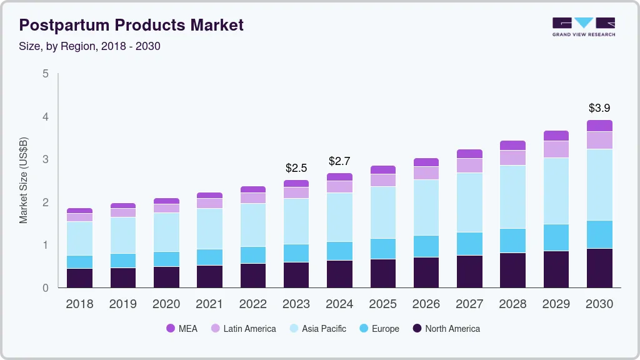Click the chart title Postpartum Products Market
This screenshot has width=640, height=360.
[131, 25]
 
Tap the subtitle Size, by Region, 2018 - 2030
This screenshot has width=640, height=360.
[90, 46]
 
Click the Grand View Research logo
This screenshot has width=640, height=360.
[583, 26]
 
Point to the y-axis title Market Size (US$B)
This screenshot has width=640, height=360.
[24, 180]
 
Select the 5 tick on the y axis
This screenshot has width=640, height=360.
[45, 74]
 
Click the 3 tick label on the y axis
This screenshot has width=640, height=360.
[45, 159]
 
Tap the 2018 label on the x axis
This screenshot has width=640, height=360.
[79, 304]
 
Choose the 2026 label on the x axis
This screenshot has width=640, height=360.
[426, 304]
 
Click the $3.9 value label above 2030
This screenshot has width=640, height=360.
[599, 108]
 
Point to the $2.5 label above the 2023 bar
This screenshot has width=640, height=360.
[296, 168]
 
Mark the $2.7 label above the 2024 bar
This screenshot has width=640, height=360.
[339, 161]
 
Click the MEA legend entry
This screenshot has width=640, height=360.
[181, 328]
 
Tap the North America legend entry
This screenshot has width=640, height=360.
[445, 328]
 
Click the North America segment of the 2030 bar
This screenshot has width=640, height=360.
[599, 268]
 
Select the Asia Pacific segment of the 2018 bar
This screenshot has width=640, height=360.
[79, 238]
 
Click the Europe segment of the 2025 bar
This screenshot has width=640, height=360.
[382, 249]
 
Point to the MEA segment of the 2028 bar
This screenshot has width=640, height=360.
[512, 146]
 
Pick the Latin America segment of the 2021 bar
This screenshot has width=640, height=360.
[209, 203]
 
